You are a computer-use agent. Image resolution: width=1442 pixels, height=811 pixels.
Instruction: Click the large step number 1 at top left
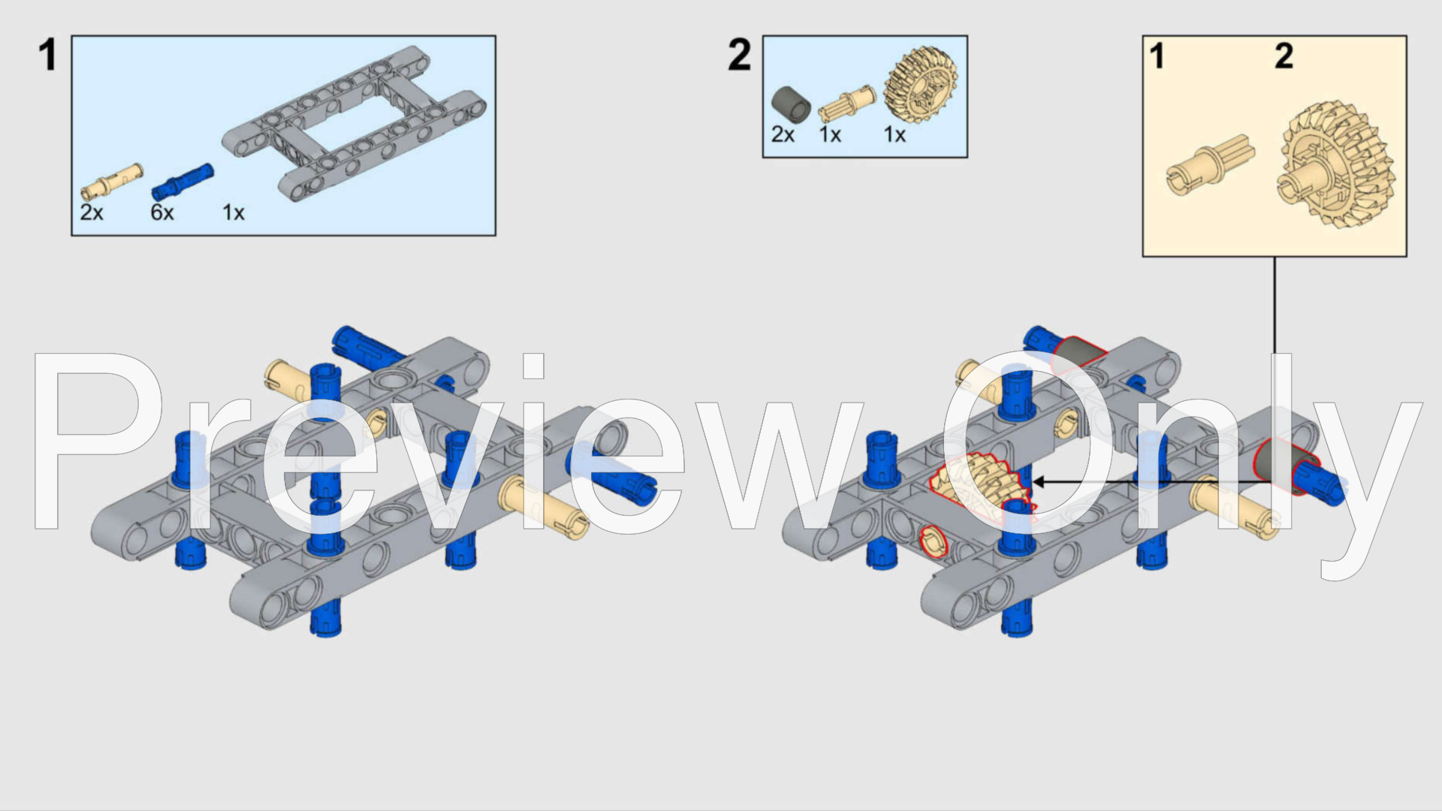(x=47, y=56)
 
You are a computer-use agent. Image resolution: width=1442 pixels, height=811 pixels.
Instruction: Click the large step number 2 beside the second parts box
(x=739, y=56)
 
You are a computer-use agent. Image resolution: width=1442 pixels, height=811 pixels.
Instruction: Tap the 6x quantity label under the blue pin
(x=162, y=213)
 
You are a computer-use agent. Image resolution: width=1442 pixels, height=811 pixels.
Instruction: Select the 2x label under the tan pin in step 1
(x=92, y=213)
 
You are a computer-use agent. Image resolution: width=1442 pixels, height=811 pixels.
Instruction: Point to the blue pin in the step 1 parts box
(x=183, y=182)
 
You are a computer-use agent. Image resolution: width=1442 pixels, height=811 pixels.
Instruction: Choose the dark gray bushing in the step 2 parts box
(x=791, y=104)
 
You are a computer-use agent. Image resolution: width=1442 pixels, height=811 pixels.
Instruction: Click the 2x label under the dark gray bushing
(x=783, y=134)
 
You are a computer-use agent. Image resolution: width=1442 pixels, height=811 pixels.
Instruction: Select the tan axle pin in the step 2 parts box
(x=846, y=104)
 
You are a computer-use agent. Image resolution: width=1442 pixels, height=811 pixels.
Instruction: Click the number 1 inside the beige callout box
(x=1157, y=56)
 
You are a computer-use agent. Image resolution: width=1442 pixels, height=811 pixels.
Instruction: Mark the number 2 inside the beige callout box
(x=1284, y=56)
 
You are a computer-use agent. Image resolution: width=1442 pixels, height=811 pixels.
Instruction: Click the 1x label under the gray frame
(x=234, y=213)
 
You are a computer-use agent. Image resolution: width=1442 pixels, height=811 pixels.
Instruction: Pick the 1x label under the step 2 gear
(x=894, y=134)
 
